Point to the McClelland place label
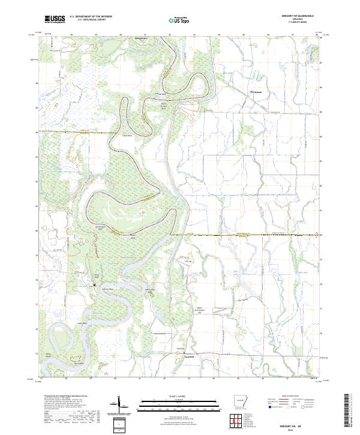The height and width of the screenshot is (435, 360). coord(256,92)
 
